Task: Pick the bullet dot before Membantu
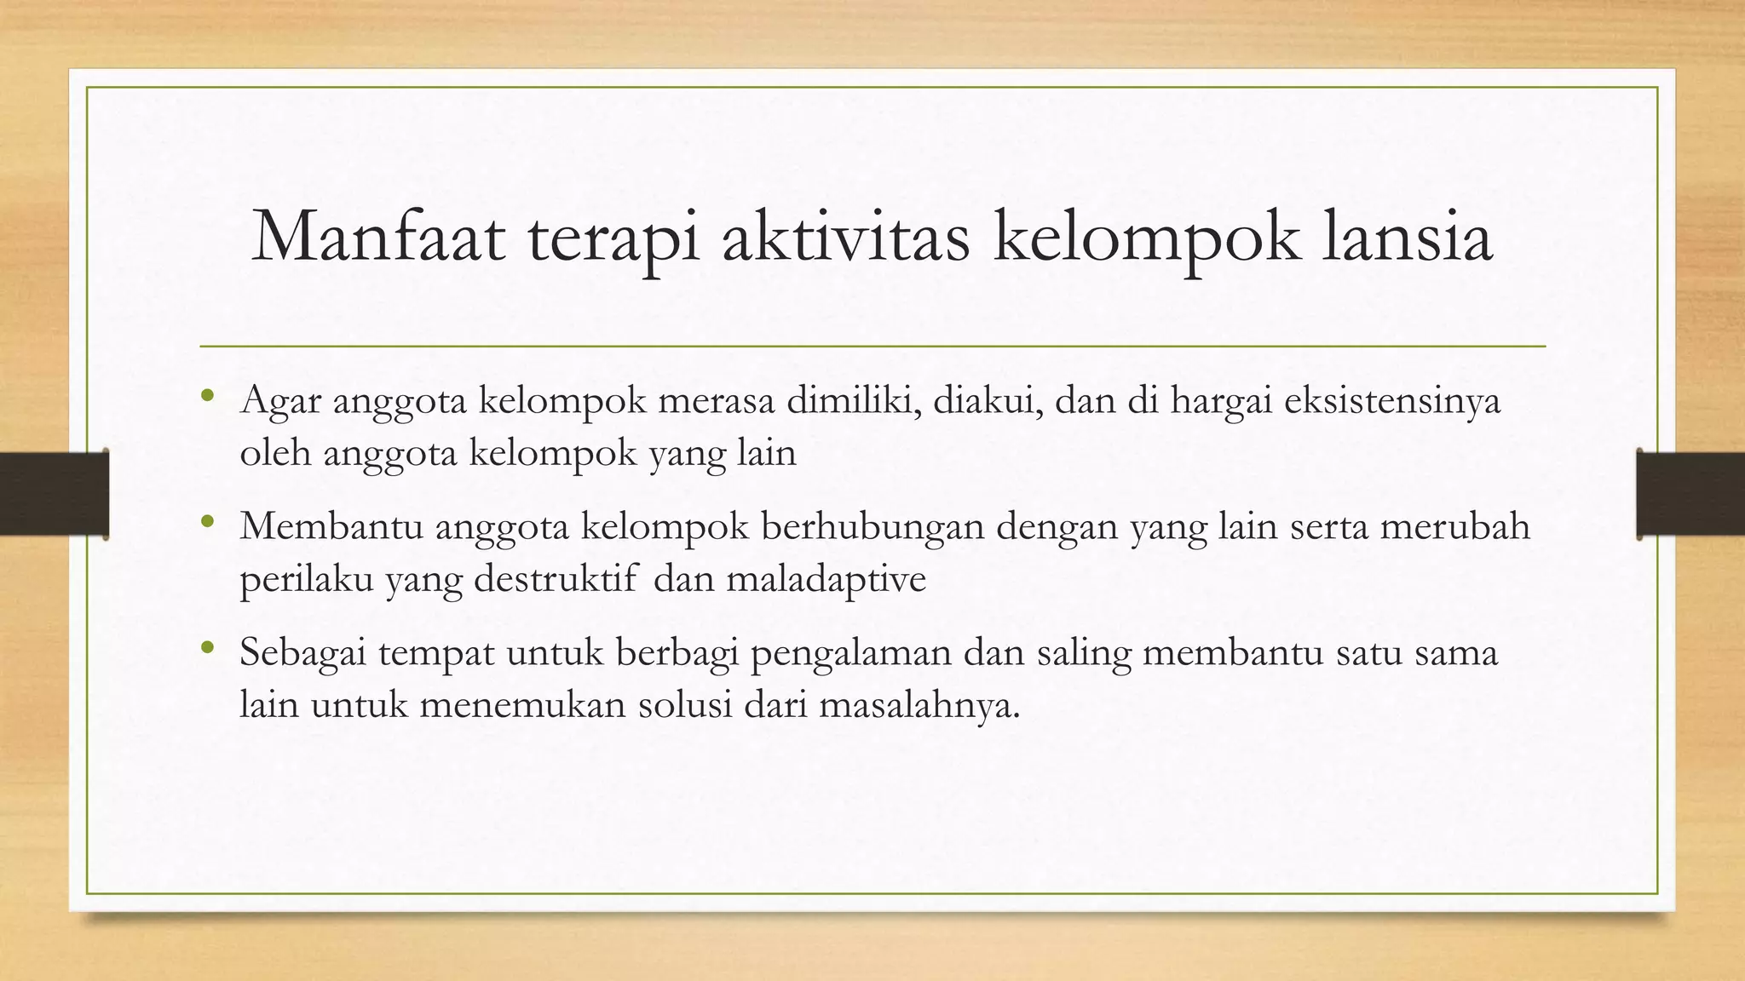pos(207,521)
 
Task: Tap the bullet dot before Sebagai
pos(207,647)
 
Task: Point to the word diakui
pos(988,400)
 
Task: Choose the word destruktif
pos(555,580)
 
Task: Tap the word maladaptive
pos(826,580)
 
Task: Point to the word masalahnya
pos(919,706)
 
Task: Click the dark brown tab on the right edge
pos(1690,494)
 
